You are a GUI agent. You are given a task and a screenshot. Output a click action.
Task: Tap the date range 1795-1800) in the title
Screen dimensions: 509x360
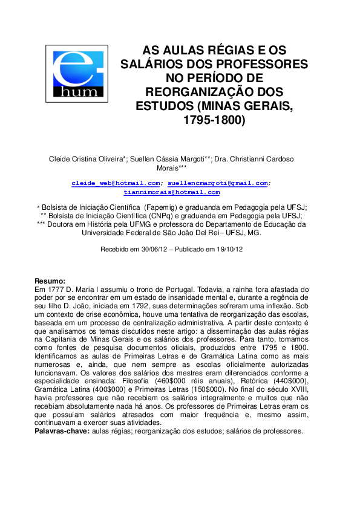[214, 120]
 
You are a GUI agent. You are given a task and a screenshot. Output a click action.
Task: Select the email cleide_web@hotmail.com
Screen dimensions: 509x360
[116, 183]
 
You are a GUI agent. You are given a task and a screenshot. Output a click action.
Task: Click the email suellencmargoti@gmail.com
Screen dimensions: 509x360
[218, 183]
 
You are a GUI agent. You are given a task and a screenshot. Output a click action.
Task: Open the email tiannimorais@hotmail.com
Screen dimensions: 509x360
[171, 192]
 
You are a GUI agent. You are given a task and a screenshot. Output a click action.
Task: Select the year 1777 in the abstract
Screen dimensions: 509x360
[52, 290]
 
